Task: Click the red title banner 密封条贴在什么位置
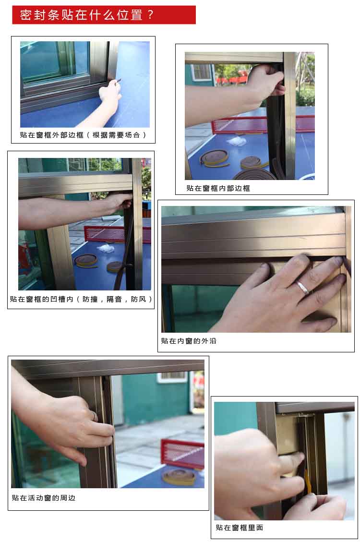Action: coord(104,15)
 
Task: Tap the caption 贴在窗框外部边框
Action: coord(51,135)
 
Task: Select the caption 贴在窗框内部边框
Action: coord(218,188)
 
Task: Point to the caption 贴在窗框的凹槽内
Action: coord(41,299)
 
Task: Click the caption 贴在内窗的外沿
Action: coord(189,341)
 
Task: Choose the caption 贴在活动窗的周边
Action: coord(44,498)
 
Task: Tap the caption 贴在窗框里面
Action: coord(240,528)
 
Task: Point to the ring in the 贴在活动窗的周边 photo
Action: coord(95,416)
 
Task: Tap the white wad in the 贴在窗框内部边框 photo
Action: coord(236,141)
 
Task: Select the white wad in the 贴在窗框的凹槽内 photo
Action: coord(105,248)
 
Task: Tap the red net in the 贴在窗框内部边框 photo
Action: coord(262,125)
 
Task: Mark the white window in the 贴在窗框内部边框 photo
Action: coord(202,72)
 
